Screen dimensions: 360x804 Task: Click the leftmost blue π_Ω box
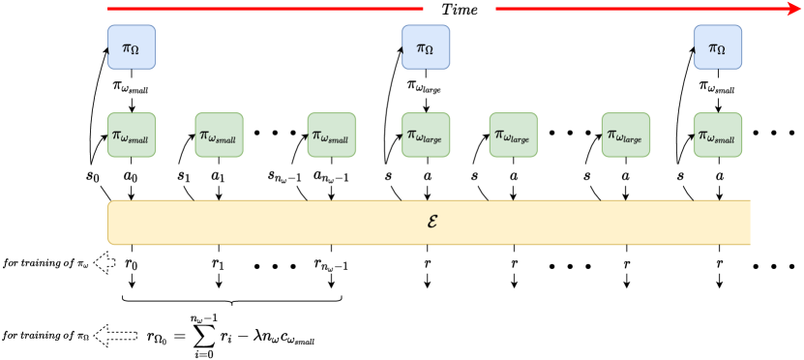[x=132, y=47]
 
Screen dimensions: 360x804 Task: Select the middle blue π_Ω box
[x=426, y=47]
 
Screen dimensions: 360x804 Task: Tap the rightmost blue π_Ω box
[x=717, y=47]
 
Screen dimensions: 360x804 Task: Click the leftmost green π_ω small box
[x=132, y=135]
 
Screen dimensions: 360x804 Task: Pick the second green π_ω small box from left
[x=219, y=135]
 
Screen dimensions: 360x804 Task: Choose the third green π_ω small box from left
[x=331, y=135]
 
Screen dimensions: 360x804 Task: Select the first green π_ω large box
[x=426, y=135]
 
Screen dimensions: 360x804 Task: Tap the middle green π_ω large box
[x=514, y=135]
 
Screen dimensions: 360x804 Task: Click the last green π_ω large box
[x=625, y=135]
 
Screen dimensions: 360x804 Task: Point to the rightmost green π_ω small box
[x=717, y=135]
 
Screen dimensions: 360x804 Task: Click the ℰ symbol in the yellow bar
[x=432, y=222]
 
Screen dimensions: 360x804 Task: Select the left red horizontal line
[x=265, y=9]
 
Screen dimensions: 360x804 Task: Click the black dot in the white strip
[x=756, y=266]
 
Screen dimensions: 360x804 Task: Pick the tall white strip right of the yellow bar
[x=760, y=225]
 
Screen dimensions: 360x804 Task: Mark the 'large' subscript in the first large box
[x=432, y=139]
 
